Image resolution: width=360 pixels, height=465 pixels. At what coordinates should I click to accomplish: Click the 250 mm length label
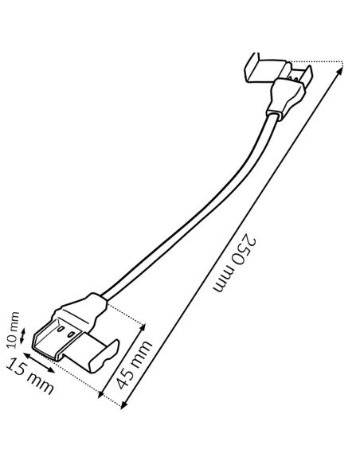(234, 264)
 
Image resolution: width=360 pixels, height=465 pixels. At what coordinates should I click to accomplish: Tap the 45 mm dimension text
(135, 365)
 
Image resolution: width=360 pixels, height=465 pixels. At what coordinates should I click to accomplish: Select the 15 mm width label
(29, 376)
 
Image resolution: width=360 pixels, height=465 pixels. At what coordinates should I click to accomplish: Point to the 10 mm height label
(13, 330)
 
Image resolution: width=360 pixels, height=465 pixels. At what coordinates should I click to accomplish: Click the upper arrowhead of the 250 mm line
(340, 70)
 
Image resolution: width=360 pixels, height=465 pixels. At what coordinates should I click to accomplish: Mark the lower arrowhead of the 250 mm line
(124, 404)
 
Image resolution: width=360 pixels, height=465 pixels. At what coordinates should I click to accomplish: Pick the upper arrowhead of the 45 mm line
(143, 327)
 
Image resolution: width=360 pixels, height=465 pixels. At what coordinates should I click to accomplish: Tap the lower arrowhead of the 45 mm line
(101, 394)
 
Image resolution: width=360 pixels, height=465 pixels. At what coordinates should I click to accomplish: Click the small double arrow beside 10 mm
(22, 335)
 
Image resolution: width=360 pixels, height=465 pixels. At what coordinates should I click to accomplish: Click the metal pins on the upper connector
(294, 79)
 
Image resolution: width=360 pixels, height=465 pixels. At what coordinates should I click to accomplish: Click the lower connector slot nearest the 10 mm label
(61, 329)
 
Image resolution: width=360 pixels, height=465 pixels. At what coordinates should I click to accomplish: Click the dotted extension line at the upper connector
(316, 62)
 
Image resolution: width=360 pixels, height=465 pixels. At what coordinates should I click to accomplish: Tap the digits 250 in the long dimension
(245, 248)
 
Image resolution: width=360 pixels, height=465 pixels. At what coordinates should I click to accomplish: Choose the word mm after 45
(143, 352)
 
